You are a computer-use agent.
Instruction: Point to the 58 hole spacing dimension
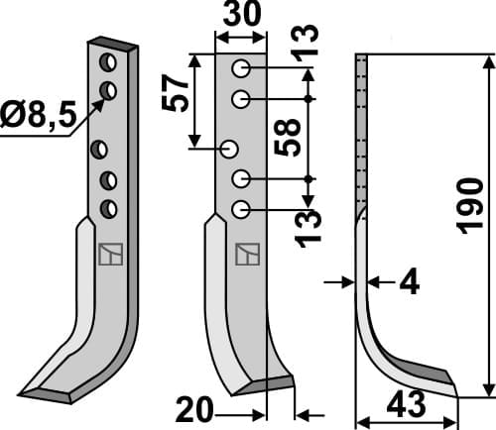click(287, 140)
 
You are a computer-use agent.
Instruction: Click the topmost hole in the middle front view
click(241, 69)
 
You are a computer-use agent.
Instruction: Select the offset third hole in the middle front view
click(229, 150)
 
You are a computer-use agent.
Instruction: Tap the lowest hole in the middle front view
click(241, 208)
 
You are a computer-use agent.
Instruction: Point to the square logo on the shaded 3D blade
click(108, 255)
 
